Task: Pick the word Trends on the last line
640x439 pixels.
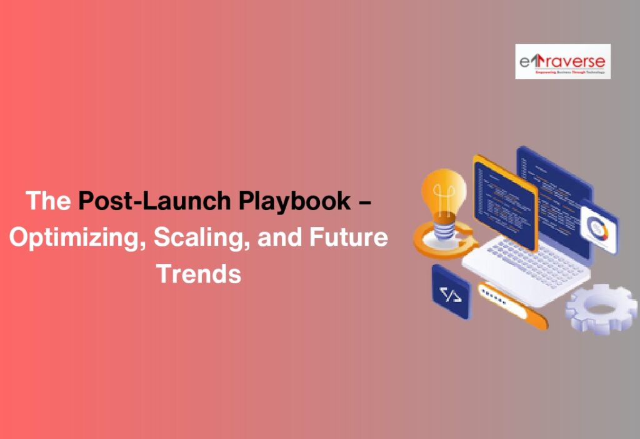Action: [x=199, y=274]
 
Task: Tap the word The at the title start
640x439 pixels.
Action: [x=48, y=201]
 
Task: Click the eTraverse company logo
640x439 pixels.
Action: [x=562, y=61]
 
